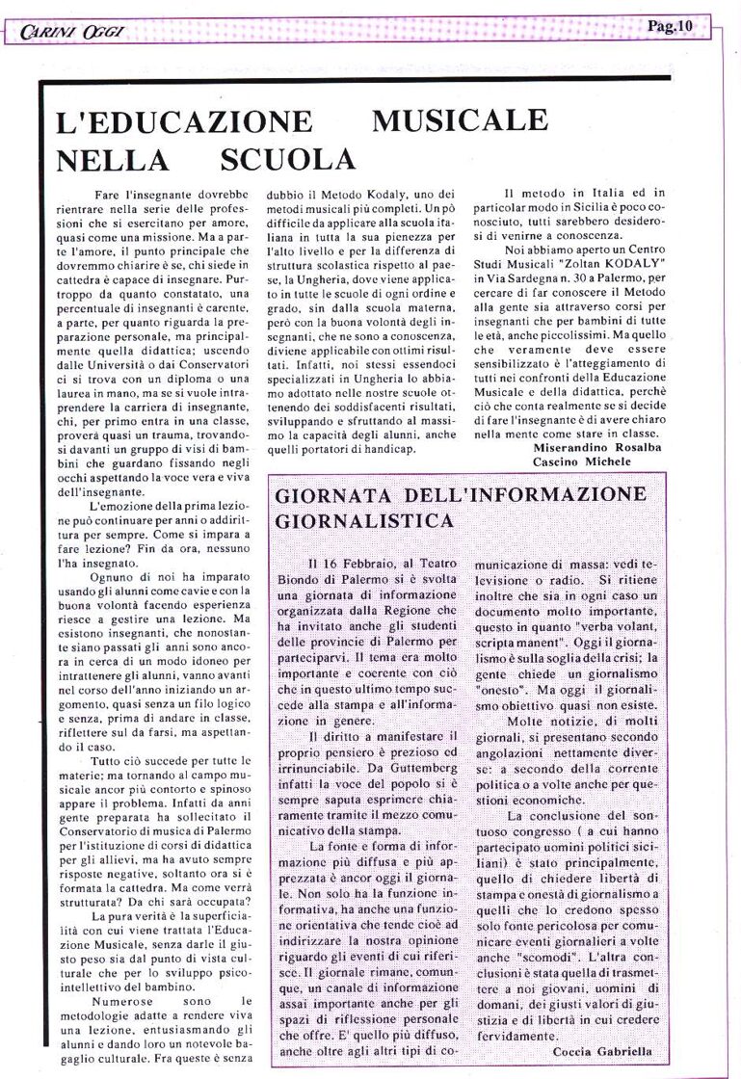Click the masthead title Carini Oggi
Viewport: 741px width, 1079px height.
tap(62, 31)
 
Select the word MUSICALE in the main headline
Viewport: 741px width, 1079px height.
tap(460, 122)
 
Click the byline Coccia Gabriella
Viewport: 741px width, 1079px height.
tap(602, 1052)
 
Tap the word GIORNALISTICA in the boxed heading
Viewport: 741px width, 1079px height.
tap(364, 521)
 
